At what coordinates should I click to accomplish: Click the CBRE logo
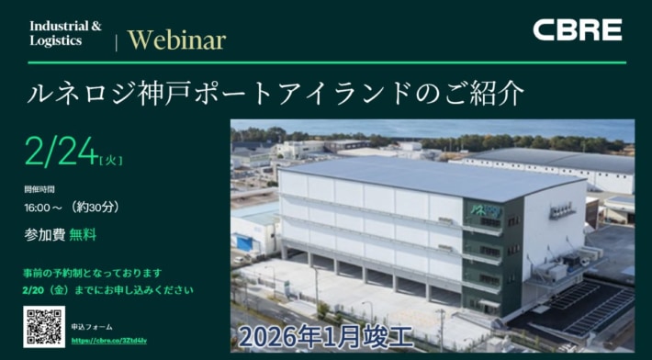[577, 30]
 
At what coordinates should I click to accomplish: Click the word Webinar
[176, 39]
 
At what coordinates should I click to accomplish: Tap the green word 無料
[83, 234]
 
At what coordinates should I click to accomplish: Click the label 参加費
[44, 234]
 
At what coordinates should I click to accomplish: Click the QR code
[43, 326]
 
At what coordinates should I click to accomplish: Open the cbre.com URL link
[108, 340]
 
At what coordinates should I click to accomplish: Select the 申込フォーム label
[91, 325]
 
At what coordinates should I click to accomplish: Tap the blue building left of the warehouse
[246, 242]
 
